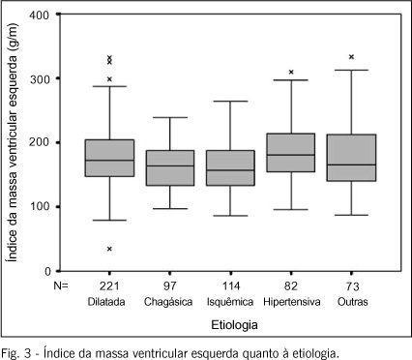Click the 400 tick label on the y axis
click(40, 15)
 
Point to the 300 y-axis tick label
click(40, 78)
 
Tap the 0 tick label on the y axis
click(47, 272)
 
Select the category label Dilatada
click(106, 302)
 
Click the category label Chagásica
click(168, 302)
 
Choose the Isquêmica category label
click(230, 302)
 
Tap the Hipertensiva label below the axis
click(292, 302)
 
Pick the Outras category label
click(353, 302)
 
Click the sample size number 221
click(109, 285)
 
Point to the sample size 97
click(169, 285)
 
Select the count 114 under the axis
click(231, 285)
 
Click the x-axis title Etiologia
click(234, 325)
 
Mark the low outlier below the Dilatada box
click(109, 249)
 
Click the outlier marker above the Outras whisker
click(351, 57)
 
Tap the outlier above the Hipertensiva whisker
click(291, 72)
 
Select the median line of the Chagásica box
click(170, 165)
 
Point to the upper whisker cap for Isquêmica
click(230, 102)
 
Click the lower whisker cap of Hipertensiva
click(291, 210)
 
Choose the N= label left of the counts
click(61, 285)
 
